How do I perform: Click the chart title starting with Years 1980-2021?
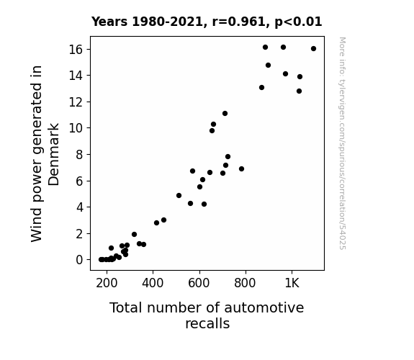(x=207, y=22)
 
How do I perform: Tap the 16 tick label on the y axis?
(x=76, y=50)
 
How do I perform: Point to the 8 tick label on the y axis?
(x=79, y=155)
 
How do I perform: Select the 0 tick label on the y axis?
(x=79, y=260)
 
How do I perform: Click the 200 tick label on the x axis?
(x=107, y=284)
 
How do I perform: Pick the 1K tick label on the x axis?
(x=292, y=284)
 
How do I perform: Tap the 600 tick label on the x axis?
(x=199, y=284)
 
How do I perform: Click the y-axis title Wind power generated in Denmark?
(x=45, y=153)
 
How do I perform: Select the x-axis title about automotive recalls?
(x=207, y=315)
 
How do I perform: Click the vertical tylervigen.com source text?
(x=343, y=143)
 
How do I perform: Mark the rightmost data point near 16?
(x=313, y=48)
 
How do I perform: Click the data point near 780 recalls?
(x=241, y=168)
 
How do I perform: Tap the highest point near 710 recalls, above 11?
(x=225, y=113)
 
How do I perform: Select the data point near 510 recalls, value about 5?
(x=179, y=195)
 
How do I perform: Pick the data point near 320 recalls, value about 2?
(x=134, y=234)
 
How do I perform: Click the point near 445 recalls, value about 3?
(x=163, y=220)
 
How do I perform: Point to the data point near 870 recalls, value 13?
(x=261, y=87)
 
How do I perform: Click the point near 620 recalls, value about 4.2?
(x=204, y=204)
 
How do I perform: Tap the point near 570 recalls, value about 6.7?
(x=192, y=171)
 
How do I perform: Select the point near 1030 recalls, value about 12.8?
(x=299, y=91)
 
